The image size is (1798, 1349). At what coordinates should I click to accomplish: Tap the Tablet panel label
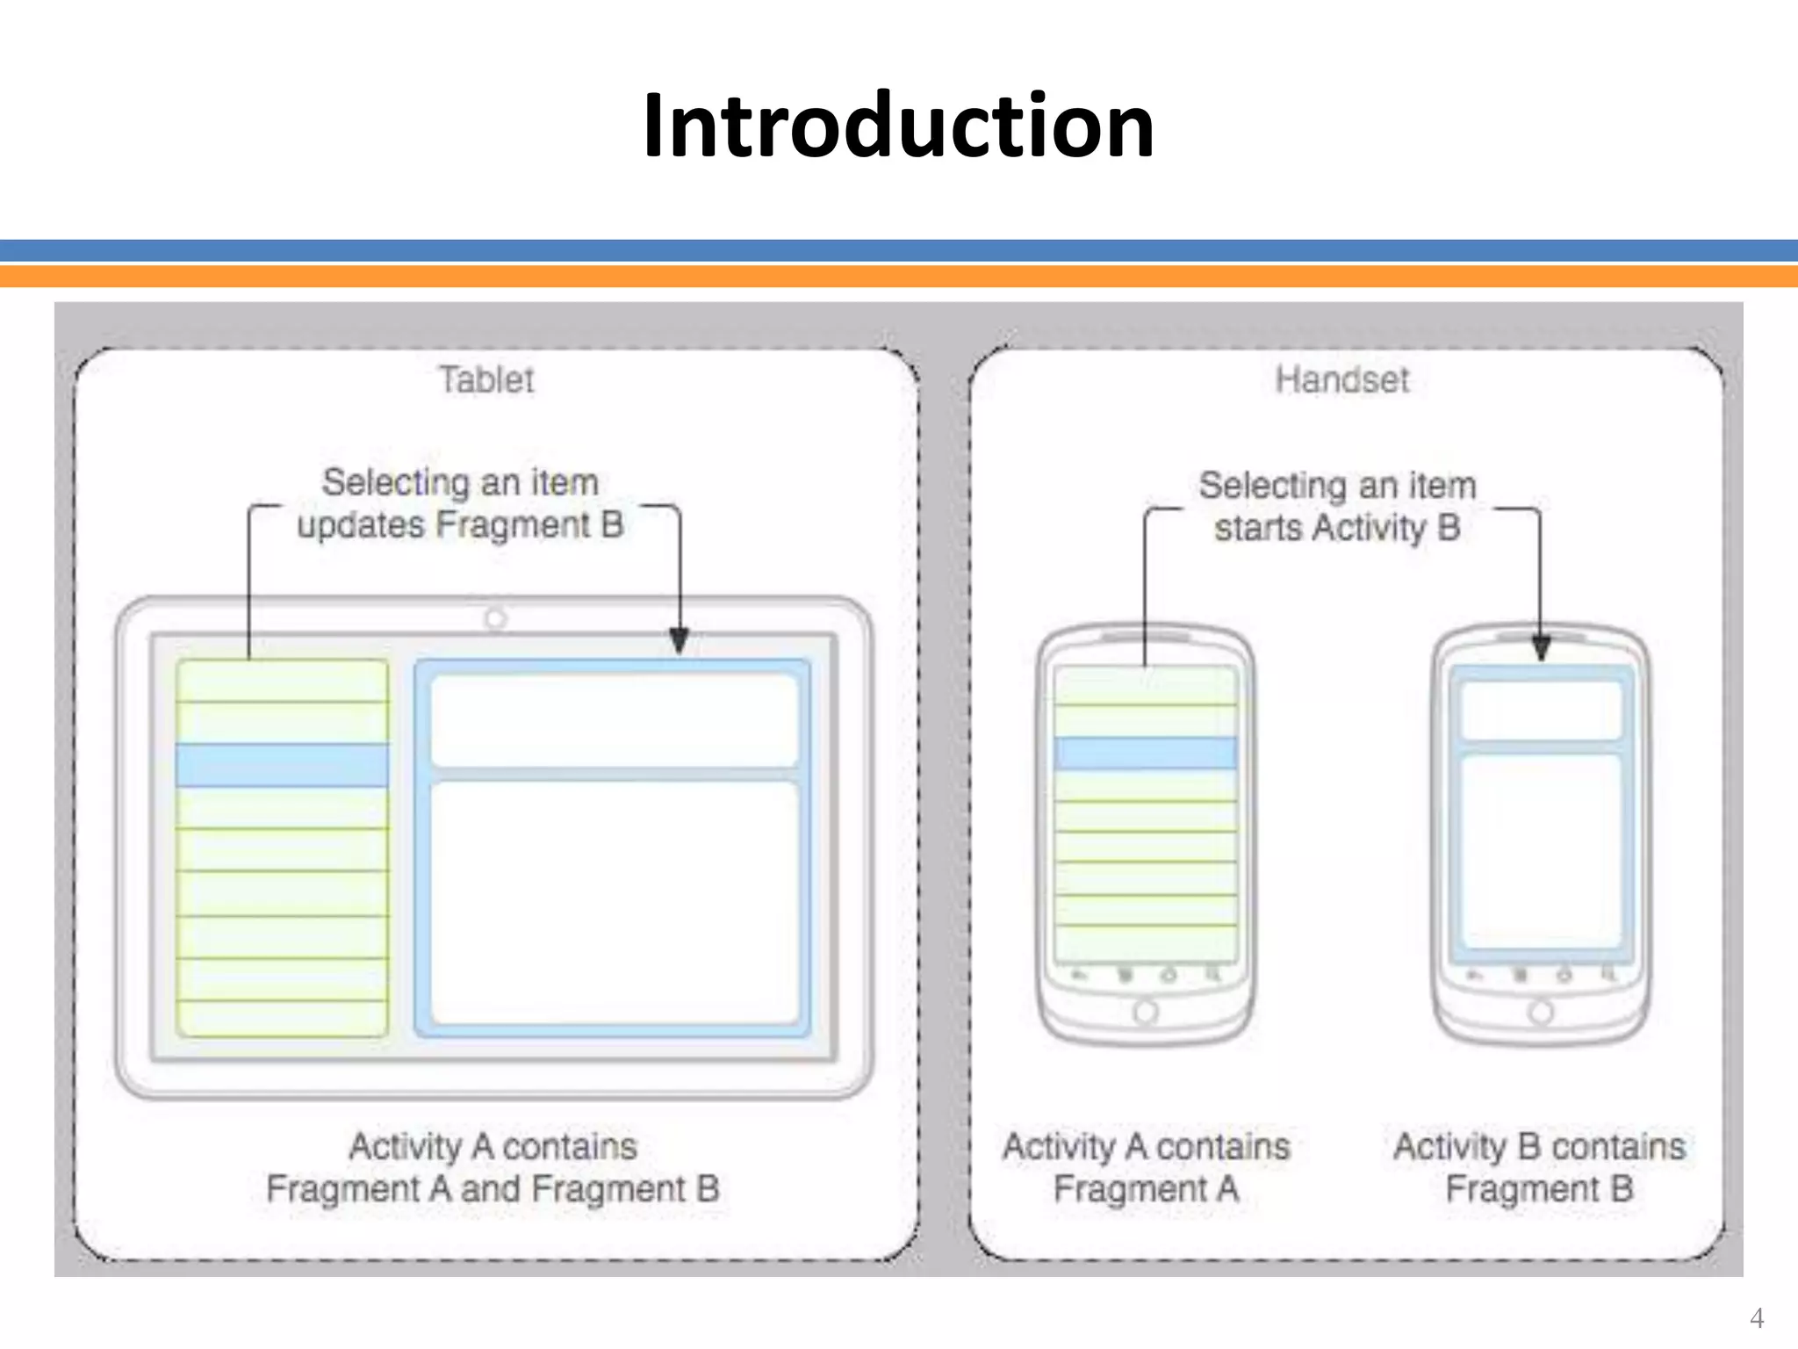coord(485,380)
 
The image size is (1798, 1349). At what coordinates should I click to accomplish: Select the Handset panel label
coord(1341,380)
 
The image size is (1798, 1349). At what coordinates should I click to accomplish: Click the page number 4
coord(1757,1318)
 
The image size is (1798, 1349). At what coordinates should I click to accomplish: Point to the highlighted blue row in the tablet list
coord(282,765)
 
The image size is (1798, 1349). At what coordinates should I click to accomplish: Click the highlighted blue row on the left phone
coord(1145,754)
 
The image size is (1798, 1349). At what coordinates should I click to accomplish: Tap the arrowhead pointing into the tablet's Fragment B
coord(679,640)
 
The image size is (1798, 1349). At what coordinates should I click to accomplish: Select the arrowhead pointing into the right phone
coord(1541,648)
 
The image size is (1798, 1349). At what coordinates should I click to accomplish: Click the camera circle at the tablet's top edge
coord(495,619)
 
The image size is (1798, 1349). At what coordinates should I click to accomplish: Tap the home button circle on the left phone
coord(1145,1012)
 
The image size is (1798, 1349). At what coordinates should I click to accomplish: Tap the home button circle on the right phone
coord(1541,1012)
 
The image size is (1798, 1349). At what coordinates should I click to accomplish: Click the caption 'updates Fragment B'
coord(460,525)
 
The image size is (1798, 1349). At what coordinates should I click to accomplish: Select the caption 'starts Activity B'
coord(1337,529)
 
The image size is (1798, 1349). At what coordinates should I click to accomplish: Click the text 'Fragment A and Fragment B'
coord(493,1189)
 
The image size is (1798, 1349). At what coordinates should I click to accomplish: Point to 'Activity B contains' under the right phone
coord(1539,1147)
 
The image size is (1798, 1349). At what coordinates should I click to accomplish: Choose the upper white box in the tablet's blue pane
coord(614,720)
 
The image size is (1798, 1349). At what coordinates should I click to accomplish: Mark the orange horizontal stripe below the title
coord(899,277)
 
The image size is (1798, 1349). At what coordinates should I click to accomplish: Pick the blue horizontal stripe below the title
coord(899,250)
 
